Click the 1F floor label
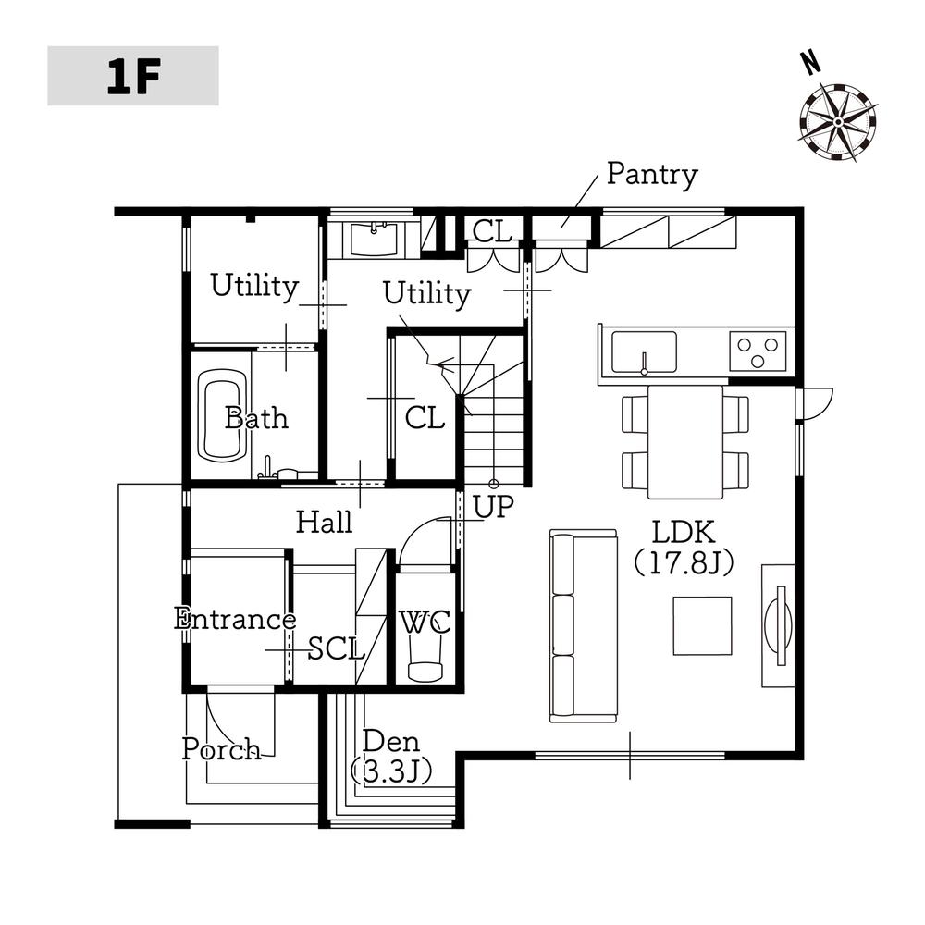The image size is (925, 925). point(133,77)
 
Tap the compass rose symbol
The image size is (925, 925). point(837,122)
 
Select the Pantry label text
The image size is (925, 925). point(652,175)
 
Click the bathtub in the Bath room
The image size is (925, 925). point(222,415)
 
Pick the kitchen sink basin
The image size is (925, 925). point(644,352)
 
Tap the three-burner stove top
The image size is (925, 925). point(758,351)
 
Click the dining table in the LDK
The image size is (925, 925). point(685,442)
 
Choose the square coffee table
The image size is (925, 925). point(703,625)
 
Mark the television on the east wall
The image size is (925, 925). point(779,626)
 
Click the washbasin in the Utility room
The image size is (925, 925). point(374,239)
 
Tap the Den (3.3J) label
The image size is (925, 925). point(391,757)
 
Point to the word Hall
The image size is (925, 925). point(324,522)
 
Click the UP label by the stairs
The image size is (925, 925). point(493,506)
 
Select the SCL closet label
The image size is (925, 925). point(337,649)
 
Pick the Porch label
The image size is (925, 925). point(221,749)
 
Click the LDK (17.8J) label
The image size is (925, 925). point(684,548)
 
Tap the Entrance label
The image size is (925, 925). point(235,620)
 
